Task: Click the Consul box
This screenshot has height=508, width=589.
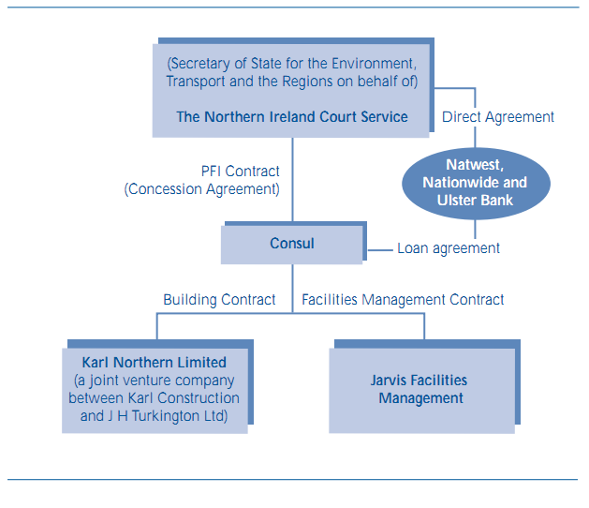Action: click(x=292, y=244)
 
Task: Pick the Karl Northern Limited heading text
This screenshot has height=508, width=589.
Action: click(x=155, y=363)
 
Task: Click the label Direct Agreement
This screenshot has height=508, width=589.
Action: click(x=498, y=117)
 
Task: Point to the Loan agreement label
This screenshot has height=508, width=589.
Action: click(x=449, y=248)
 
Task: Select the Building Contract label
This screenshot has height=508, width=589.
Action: click(x=219, y=300)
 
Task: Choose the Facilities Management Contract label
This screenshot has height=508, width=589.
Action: click(x=403, y=300)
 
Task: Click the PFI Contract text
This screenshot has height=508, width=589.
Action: click(x=241, y=172)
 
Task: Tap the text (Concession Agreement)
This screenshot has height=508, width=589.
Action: click(x=202, y=188)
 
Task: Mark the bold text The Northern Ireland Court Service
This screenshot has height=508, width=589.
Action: click(x=292, y=117)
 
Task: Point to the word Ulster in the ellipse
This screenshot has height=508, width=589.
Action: click(x=456, y=201)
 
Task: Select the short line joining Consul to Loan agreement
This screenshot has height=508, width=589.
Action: click(x=379, y=249)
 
